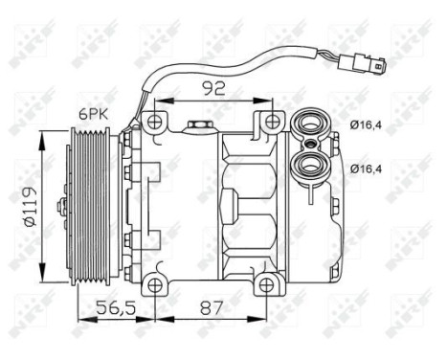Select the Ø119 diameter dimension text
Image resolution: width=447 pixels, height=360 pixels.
tap(28, 205)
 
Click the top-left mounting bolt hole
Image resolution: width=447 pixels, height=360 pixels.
tap(154, 122)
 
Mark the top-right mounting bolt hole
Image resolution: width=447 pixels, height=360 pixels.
tap(273, 122)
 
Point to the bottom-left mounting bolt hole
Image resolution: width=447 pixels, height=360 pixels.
tap(153, 286)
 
